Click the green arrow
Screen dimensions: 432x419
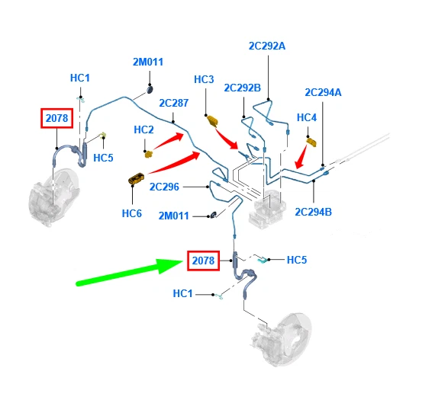[130, 272]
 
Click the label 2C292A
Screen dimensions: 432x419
[266, 46]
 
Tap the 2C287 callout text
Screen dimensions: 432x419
[173, 103]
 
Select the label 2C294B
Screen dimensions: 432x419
[313, 212]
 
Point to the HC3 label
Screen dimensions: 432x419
[204, 79]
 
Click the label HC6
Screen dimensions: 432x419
[132, 213]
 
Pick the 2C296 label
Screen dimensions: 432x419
[164, 187]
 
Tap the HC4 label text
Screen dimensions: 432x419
[307, 117]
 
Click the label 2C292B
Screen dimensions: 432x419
[242, 88]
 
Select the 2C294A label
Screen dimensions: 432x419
[323, 92]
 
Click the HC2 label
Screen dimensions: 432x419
[143, 130]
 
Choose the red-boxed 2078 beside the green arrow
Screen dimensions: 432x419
[203, 261]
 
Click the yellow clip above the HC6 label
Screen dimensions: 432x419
[137, 178]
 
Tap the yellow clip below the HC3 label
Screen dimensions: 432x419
[212, 121]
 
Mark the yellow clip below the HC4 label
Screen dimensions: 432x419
[311, 142]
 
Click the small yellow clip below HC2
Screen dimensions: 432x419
[149, 154]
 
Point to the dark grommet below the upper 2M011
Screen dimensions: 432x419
[150, 89]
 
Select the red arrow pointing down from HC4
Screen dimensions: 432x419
[301, 157]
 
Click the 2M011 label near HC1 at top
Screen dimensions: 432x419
[148, 62]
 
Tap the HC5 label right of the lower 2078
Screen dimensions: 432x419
[297, 260]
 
